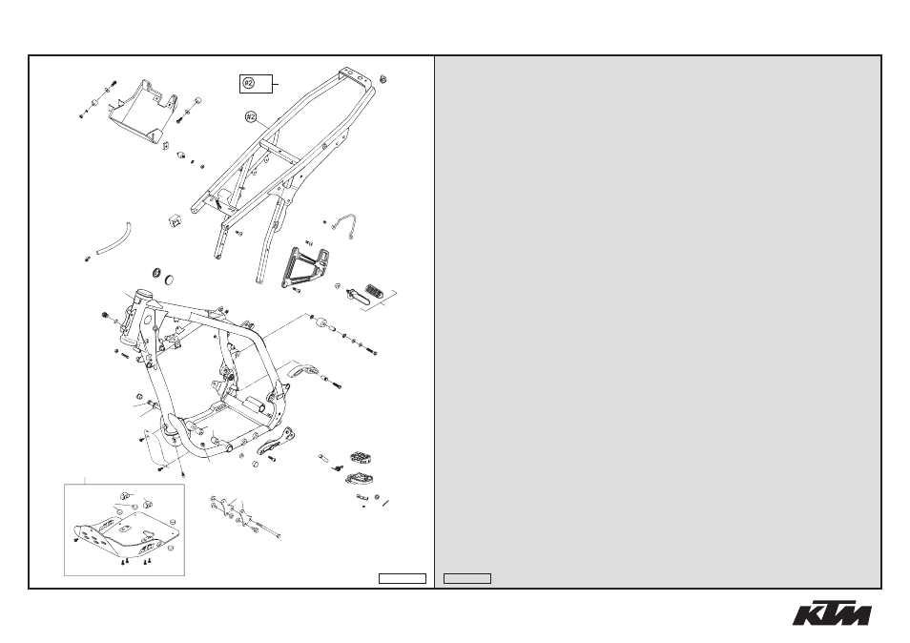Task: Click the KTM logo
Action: coord(832,612)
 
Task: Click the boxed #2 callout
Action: coord(256,84)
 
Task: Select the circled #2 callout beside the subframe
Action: coord(251,117)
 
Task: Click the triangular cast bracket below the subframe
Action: coord(304,266)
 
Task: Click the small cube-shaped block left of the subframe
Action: coord(174,220)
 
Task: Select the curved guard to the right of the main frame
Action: coord(306,370)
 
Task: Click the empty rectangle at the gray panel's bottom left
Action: coord(467,578)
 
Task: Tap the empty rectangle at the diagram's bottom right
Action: coord(403,578)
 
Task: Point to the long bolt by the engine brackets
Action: coord(267,530)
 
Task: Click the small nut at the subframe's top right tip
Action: coord(383,79)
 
